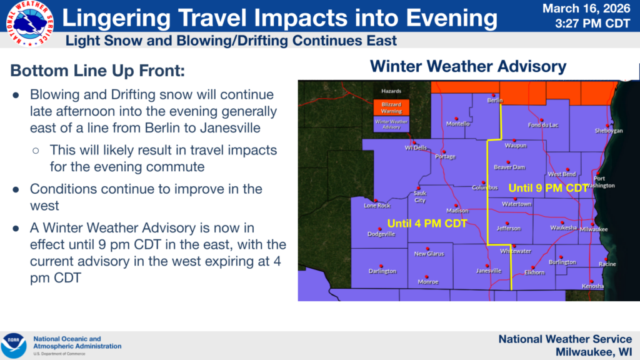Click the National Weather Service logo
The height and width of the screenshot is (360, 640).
29,23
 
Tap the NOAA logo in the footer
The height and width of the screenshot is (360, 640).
14,345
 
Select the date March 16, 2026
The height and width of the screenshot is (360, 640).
586,9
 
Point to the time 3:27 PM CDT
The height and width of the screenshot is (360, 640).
592,24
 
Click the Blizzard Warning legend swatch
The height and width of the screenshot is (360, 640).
391,107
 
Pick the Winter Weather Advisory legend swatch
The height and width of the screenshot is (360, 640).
391,124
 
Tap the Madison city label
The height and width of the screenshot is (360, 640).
457,211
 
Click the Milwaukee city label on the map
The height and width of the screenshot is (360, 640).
594,229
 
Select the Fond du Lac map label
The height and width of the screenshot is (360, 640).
543,125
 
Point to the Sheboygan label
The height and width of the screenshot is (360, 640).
609,131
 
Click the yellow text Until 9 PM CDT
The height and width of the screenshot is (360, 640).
548,188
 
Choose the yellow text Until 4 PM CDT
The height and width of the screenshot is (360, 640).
427,224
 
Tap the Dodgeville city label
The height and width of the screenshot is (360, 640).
381,234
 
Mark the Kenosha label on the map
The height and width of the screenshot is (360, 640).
592,286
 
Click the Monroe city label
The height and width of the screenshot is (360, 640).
427,282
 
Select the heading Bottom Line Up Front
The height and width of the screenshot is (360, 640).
97,71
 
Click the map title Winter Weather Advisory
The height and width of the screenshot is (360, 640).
468,66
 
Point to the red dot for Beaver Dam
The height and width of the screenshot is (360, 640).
508,162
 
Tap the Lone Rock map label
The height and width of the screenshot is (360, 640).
377,206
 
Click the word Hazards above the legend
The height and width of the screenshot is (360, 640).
391,91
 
